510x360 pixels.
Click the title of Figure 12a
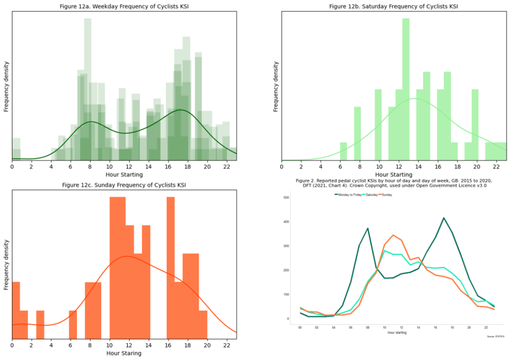click(x=124, y=6)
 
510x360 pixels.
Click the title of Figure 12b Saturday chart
click(x=394, y=6)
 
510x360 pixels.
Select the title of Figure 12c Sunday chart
click(x=124, y=185)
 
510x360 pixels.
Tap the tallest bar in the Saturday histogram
click(x=406, y=90)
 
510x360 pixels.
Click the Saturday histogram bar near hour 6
click(x=343, y=151)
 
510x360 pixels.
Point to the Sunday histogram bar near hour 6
click(x=73, y=324)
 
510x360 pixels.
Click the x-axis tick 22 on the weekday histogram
click(x=226, y=167)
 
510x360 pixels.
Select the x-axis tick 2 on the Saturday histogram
click(x=301, y=167)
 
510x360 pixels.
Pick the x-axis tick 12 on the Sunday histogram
click(x=129, y=345)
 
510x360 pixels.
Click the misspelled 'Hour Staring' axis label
click(x=124, y=353)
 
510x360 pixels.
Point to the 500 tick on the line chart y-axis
click(x=287, y=197)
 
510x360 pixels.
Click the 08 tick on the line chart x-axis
click(x=367, y=328)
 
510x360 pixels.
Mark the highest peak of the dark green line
click(x=443, y=218)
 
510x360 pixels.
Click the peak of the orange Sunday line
click(x=393, y=235)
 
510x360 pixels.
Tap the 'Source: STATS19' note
click(x=495, y=337)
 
